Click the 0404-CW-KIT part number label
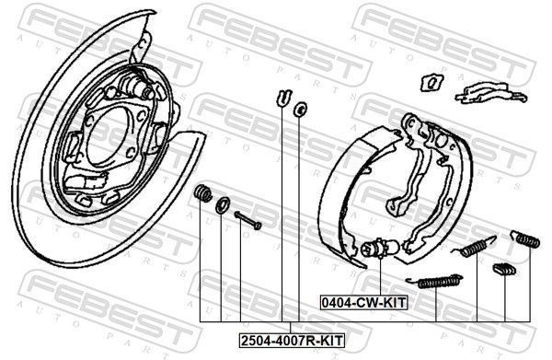[363, 303]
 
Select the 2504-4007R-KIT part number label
[292, 341]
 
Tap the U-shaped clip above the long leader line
[283, 98]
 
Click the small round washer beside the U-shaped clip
[300, 110]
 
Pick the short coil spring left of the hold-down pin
[202, 192]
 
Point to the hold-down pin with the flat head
[247, 220]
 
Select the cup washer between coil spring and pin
[223, 205]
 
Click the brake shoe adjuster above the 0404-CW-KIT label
[379, 249]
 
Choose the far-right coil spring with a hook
[525, 238]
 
